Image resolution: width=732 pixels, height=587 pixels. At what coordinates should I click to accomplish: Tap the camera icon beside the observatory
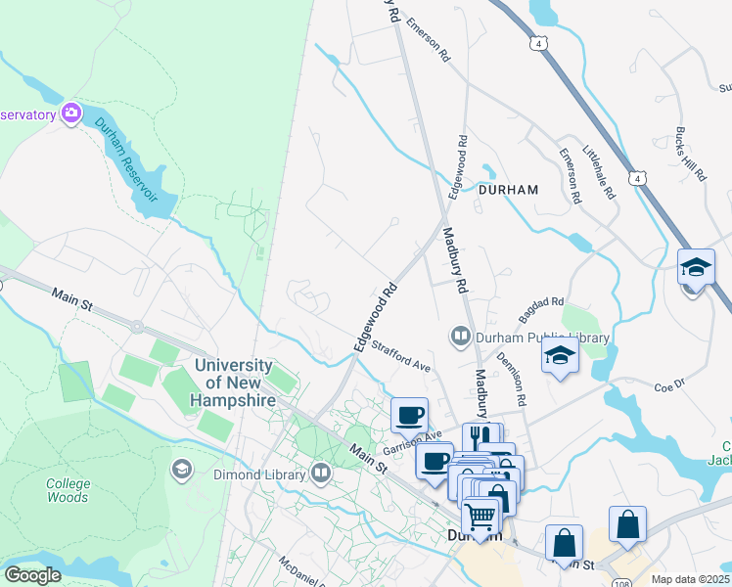pyautogui.click(x=70, y=113)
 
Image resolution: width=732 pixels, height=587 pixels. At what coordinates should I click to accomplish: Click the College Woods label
pyautogui.click(x=69, y=491)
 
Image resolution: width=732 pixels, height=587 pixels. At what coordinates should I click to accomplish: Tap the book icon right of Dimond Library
pyautogui.click(x=321, y=474)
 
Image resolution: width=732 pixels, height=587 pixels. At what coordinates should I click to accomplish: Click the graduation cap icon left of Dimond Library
pyautogui.click(x=181, y=471)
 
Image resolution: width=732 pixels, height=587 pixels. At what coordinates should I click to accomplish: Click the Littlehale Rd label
pyautogui.click(x=599, y=173)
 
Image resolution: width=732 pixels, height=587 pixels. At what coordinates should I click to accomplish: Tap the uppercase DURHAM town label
pyautogui.click(x=509, y=190)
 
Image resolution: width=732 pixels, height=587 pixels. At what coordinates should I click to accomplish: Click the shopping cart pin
pyautogui.click(x=480, y=515)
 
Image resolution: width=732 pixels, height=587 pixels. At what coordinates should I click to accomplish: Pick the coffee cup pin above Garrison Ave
pyautogui.click(x=410, y=414)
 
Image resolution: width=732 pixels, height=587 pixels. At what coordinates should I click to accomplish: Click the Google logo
pyautogui.click(x=33, y=575)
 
